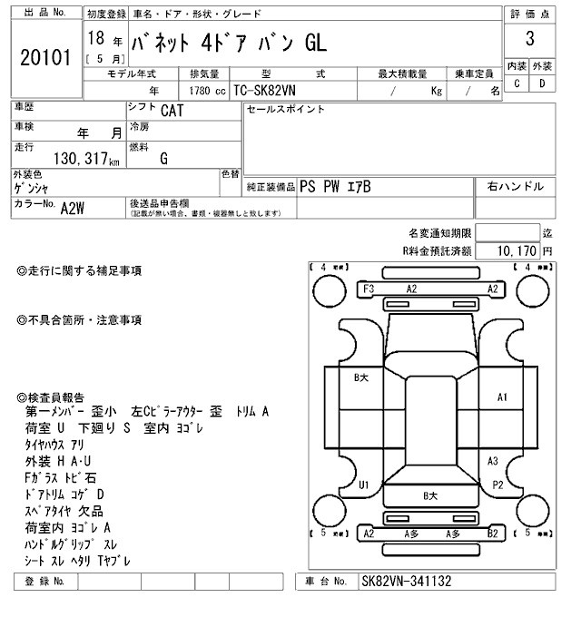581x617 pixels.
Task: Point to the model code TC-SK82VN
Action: [266, 91]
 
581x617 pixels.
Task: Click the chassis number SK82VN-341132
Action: [406, 581]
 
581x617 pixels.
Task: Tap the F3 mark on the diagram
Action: [369, 289]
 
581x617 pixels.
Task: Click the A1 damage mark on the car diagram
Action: [502, 397]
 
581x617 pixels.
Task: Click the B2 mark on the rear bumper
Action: [491, 534]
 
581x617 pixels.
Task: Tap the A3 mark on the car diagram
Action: [493, 460]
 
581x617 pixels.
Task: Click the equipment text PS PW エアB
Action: [335, 186]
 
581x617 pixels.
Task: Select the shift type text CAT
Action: [170, 112]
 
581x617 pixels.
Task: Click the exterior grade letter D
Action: [543, 83]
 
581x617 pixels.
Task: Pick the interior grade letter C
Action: [517, 83]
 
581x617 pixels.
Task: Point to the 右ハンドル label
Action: [516, 186]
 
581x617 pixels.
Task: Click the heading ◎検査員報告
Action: [52, 397]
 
